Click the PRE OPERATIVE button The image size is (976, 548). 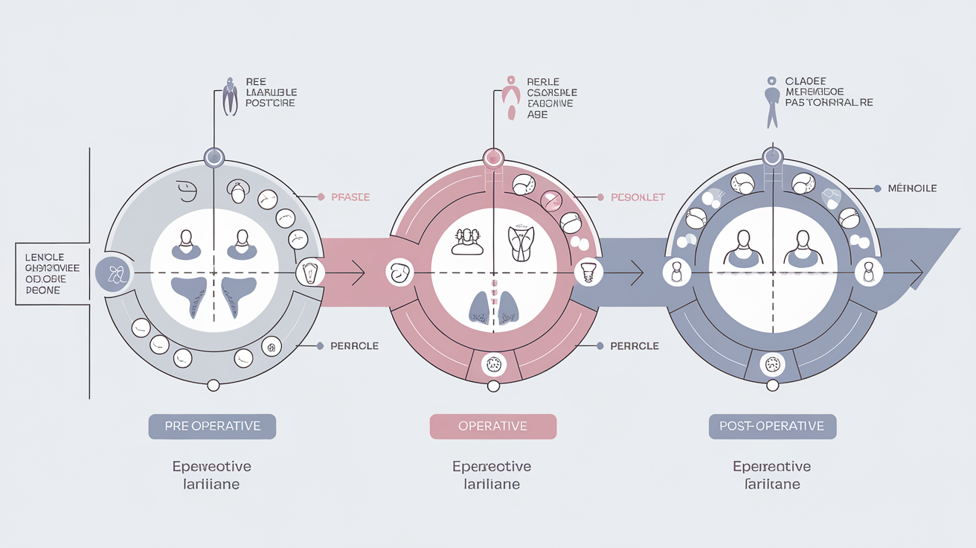coord(212,427)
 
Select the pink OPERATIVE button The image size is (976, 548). coord(492,427)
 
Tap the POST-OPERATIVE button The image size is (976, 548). coord(772,427)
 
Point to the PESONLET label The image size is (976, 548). coord(638,197)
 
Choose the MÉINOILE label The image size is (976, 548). coord(912,188)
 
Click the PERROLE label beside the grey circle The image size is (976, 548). coord(354,346)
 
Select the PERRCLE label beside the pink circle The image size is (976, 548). coord(635,346)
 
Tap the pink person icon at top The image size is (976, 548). coord(510,98)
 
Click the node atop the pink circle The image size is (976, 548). coord(493,157)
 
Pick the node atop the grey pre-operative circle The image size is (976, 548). coord(213,157)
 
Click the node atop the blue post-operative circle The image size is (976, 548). coord(773,156)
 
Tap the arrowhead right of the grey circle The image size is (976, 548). coord(358,273)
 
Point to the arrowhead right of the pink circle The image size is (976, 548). coord(637,273)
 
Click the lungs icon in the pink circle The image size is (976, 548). coord(492,307)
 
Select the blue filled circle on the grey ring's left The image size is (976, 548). coord(114,274)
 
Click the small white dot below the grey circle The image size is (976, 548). coord(213,385)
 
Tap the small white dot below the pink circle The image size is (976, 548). coord(493,386)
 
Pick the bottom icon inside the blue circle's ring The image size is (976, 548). coord(773,365)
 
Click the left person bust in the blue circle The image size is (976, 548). coord(742,249)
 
